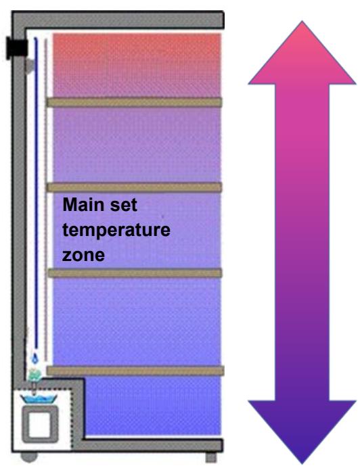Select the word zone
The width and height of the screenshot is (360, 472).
click(79, 256)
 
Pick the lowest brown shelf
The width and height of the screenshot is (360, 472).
click(135, 371)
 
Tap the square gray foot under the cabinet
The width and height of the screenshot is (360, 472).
click(211, 457)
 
